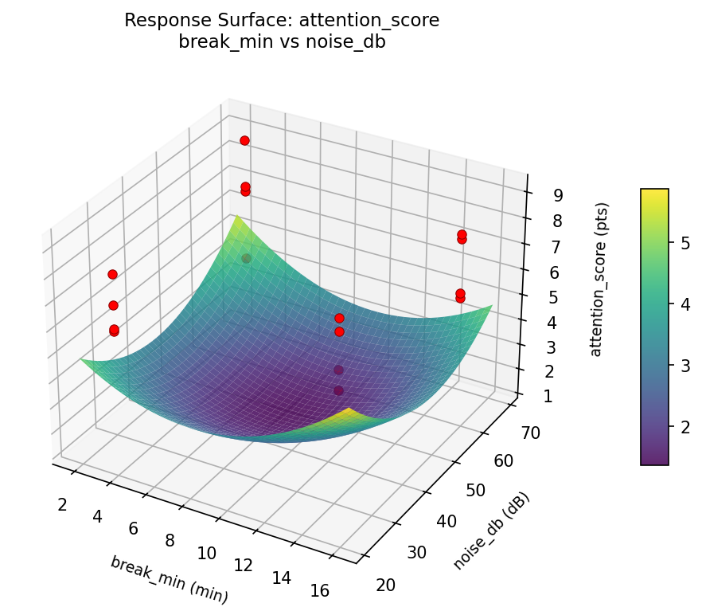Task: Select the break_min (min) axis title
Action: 169,579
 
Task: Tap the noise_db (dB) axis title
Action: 492,531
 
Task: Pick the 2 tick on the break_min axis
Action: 61,504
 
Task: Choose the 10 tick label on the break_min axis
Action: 206,553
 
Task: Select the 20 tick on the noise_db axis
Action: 385,585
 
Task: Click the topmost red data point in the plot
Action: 244,140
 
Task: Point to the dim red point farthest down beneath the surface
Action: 339,390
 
